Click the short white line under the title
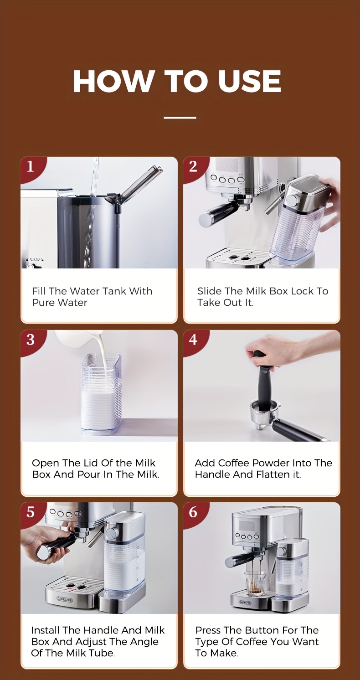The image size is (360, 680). tap(180, 118)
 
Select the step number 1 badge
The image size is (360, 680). tap(31, 166)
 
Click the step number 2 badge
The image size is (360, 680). tap(193, 166)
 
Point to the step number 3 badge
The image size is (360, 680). tap(31, 340)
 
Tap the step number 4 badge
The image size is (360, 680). tap(193, 340)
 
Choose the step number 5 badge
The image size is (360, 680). tap(31, 512)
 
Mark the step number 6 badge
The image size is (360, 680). tap(193, 512)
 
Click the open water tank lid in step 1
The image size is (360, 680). tap(139, 184)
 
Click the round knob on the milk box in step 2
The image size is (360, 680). tap(292, 199)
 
